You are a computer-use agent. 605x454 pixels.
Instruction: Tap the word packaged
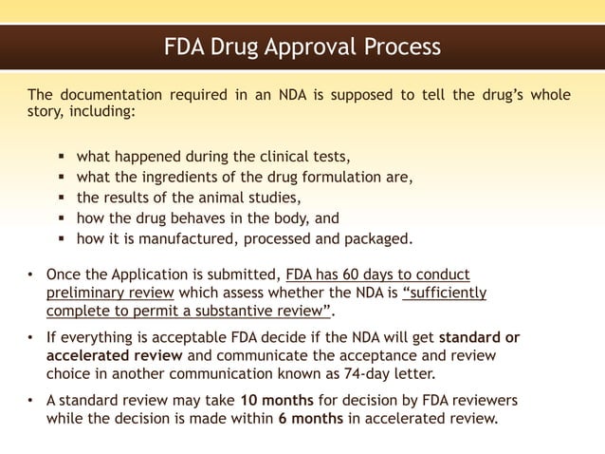click(377, 237)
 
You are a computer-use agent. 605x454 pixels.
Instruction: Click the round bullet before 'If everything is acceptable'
click(32, 337)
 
